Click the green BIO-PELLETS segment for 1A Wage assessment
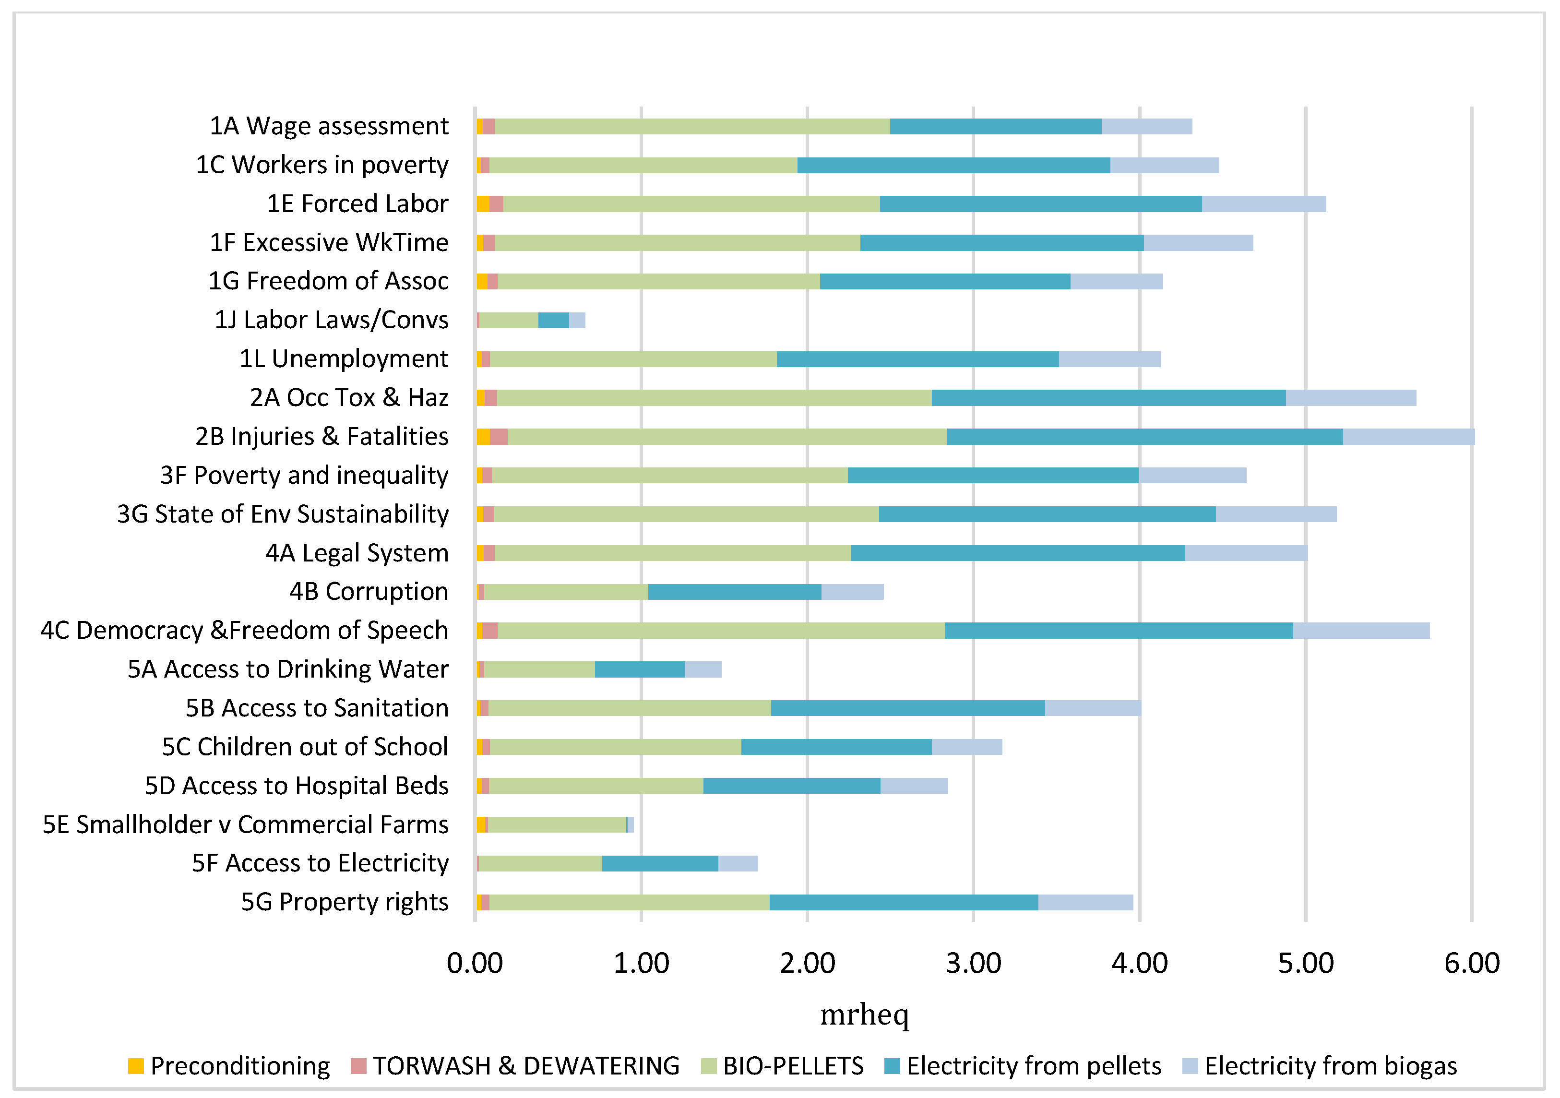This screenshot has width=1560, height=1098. tap(691, 126)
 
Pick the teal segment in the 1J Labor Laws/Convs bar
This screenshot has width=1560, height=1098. tap(553, 320)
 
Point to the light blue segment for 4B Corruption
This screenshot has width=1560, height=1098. tap(852, 592)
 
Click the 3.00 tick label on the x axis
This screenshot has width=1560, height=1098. tap(973, 964)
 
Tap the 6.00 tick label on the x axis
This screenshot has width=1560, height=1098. tap(1472, 964)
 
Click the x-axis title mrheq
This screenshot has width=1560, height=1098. tap(864, 1014)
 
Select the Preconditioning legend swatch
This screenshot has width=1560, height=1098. tap(136, 1066)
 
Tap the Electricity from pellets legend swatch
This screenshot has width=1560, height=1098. tap(892, 1066)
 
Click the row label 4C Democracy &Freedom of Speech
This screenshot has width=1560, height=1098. tap(245, 631)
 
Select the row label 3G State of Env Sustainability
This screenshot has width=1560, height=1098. tap(283, 514)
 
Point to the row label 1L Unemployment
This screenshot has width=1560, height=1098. tap(344, 359)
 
